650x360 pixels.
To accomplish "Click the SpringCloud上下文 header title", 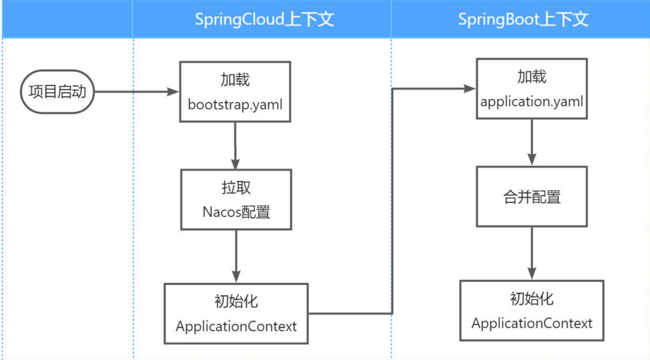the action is click(264, 19).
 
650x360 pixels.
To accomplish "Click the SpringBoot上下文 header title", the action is click(523, 19).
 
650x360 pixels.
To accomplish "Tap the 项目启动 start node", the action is click(58, 92).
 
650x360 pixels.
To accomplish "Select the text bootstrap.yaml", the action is click(235, 105).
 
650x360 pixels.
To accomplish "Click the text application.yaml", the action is click(532, 102).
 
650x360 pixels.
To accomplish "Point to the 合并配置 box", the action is click(532, 196).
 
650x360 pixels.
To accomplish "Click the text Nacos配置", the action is click(236, 212).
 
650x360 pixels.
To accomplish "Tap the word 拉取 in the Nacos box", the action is click(236, 188).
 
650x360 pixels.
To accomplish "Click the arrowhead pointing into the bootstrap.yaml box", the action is click(173, 92).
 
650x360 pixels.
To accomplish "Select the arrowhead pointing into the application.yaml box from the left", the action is click(469, 88).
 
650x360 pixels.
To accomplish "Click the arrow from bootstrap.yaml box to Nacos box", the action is click(235, 145).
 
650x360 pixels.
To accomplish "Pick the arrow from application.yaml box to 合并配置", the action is click(532, 142).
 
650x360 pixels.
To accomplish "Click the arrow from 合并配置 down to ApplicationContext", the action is click(532, 253).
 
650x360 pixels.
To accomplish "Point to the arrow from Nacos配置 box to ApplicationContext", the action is click(236, 256).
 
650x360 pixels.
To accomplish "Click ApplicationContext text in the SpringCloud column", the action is click(236, 326).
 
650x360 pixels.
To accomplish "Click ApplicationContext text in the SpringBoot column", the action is click(532, 324).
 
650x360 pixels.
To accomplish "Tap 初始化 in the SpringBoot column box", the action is click(532, 299).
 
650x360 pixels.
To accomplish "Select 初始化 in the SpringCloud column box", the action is click(236, 301).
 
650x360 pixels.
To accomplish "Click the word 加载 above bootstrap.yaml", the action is click(235, 80).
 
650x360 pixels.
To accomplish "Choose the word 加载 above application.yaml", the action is click(532, 77).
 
